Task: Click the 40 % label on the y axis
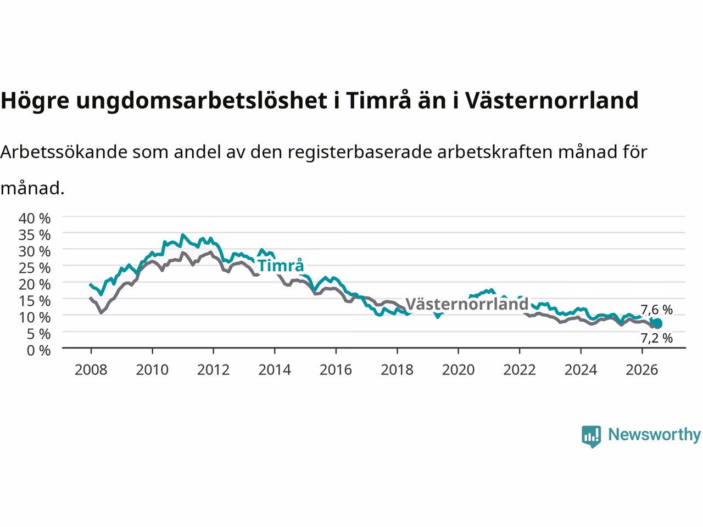[x=35, y=218]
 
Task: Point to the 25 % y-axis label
[x=35, y=268]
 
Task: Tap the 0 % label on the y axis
[x=39, y=350]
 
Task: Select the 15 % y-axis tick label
[x=35, y=301]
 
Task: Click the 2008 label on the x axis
[x=91, y=370]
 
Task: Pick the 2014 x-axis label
[x=275, y=370]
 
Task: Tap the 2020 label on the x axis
[x=458, y=370]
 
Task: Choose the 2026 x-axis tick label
[x=642, y=370]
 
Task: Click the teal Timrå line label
[x=281, y=266]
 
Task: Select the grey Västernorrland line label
[x=467, y=304]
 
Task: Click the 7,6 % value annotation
[x=656, y=310]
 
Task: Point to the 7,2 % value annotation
[x=656, y=338]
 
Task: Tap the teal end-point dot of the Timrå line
[x=657, y=323]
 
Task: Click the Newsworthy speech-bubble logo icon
[x=591, y=436]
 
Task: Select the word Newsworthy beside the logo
[x=654, y=435]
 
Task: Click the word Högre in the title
[x=35, y=101]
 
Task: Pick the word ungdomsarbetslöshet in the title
[x=202, y=100]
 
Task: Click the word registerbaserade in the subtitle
[x=360, y=152]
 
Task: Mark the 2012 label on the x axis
[x=213, y=370]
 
